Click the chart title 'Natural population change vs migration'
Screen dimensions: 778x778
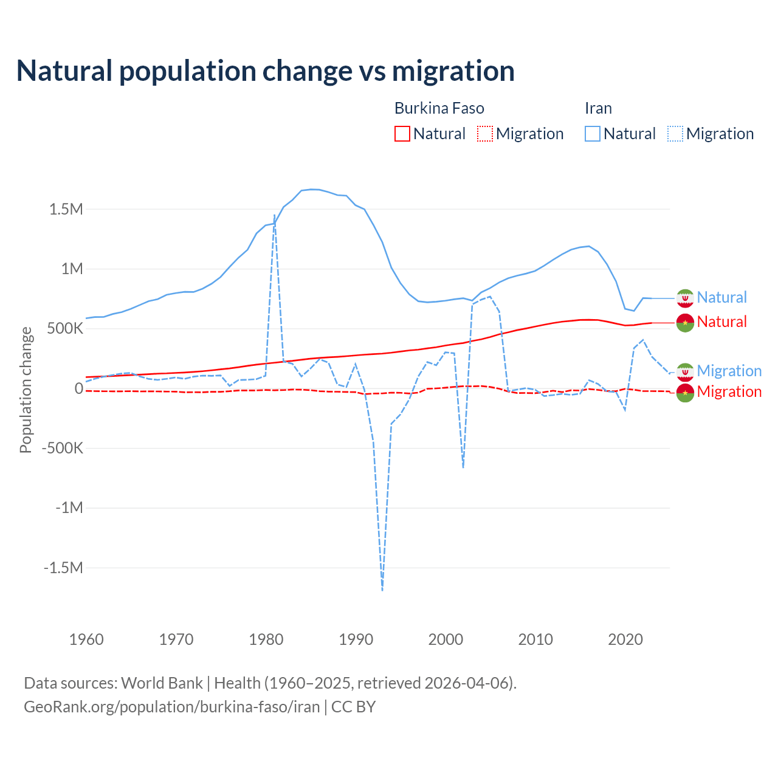coord(266,71)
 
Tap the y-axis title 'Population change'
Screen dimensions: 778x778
coord(26,390)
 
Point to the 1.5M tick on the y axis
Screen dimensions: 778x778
coord(66,210)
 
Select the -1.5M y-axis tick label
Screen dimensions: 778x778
coord(63,568)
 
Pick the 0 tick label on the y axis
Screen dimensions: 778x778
coord(79,388)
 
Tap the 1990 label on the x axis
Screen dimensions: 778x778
coord(356,639)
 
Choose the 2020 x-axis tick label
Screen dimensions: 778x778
coord(625,639)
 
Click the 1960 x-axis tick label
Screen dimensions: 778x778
coord(86,639)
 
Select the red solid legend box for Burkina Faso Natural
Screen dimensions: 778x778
coord(402,134)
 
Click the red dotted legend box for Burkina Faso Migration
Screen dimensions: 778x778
coord(485,134)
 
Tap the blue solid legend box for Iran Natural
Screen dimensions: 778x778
coord(593,134)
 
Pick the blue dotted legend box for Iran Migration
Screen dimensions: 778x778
coord(675,134)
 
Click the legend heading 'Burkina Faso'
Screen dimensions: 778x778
coord(439,108)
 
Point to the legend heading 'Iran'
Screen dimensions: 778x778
coord(598,108)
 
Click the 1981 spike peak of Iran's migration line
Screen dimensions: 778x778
coord(275,215)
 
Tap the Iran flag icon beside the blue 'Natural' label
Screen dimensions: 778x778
coord(685,298)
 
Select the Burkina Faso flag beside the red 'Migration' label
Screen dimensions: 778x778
coord(685,393)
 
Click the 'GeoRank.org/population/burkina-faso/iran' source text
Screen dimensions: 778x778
coord(171,707)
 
